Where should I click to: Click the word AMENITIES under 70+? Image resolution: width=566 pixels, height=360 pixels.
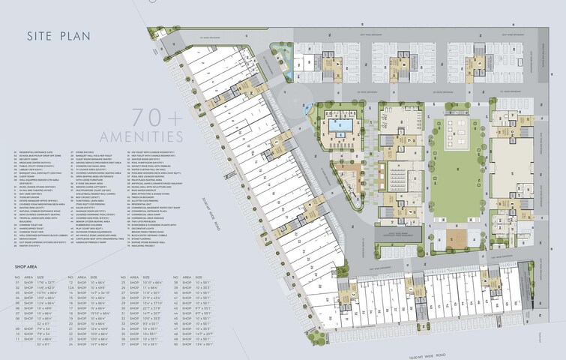[155, 136]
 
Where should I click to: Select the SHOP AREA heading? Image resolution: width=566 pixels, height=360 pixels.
[27, 266]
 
